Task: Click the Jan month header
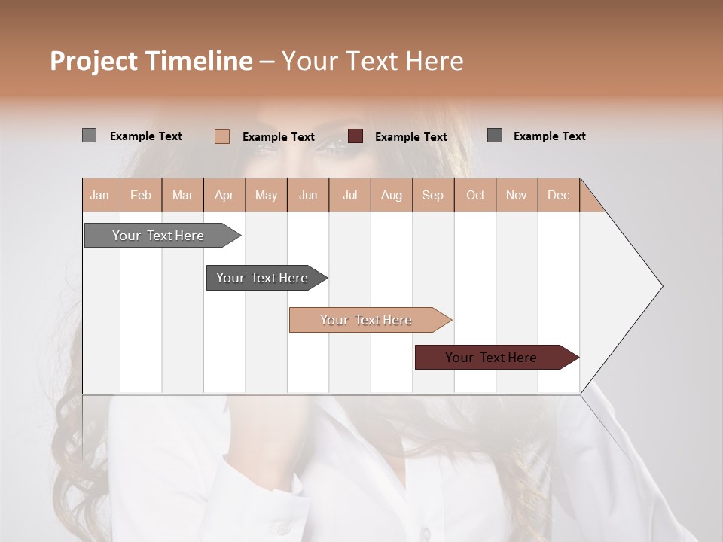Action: coord(99,195)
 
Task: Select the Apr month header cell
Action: coord(224,195)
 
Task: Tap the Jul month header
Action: coord(349,195)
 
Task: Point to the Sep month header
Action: coord(432,195)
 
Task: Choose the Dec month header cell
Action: coord(558,195)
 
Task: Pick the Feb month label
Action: coord(141,195)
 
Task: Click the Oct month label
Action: coord(475,195)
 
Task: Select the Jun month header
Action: coord(308,195)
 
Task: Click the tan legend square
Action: coord(222,136)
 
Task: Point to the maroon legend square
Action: coord(355,136)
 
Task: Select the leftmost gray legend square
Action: coord(89,135)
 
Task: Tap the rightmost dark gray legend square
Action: coord(495,135)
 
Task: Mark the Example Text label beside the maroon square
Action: coord(411,137)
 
